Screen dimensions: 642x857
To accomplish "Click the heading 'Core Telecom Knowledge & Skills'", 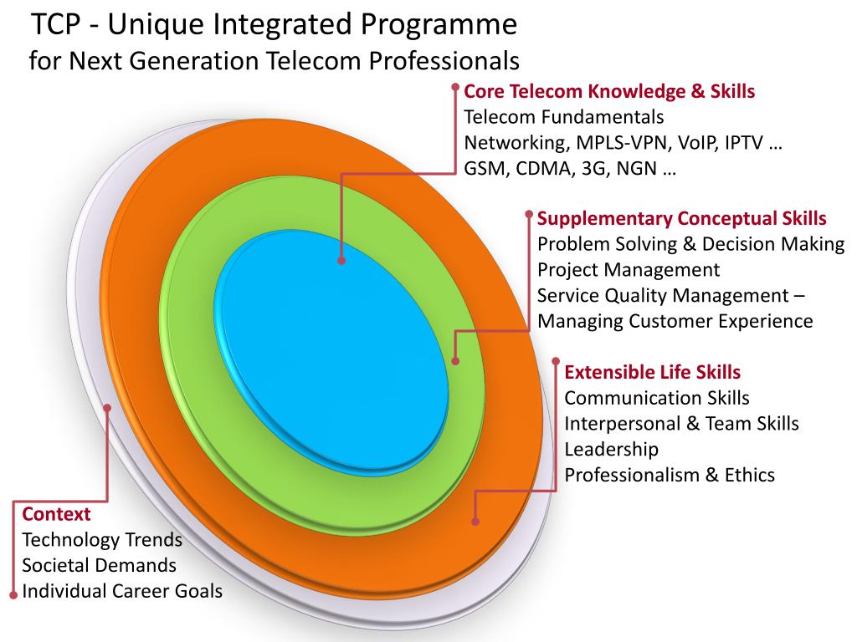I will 609,91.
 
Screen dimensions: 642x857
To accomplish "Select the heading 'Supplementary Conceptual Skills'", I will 681,219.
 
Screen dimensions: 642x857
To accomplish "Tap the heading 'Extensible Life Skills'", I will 653,372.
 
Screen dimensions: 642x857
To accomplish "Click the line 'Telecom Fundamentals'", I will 563,117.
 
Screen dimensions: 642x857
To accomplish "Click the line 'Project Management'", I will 628,270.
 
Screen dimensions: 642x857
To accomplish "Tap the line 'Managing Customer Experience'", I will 675,321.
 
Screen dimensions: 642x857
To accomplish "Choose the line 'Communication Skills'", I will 657,398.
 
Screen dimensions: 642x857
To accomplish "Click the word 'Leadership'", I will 612,449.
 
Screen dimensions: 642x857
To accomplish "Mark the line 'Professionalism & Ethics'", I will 670,475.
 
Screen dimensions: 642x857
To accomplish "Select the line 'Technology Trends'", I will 102,540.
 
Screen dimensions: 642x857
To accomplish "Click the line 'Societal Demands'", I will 99,566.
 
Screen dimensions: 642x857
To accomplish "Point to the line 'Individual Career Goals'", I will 122,592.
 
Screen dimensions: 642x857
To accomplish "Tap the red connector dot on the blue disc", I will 341,261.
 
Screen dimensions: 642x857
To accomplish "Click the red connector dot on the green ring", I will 456,361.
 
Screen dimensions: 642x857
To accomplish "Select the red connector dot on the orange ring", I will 475,522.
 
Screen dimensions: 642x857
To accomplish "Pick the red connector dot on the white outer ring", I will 108,407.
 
